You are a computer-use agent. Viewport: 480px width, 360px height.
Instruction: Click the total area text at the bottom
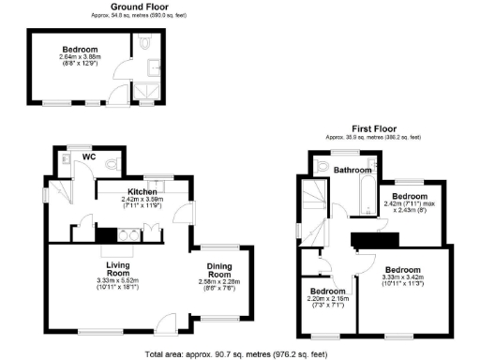[240, 353]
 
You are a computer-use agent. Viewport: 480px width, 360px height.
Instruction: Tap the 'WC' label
[90, 157]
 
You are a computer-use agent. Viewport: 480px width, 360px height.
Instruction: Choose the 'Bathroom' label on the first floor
[354, 170]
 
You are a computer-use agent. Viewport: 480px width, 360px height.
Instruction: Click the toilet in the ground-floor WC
[111, 161]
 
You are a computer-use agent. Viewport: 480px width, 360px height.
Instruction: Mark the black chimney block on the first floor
[362, 241]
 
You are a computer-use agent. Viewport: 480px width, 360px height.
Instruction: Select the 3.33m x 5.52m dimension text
[117, 280]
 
